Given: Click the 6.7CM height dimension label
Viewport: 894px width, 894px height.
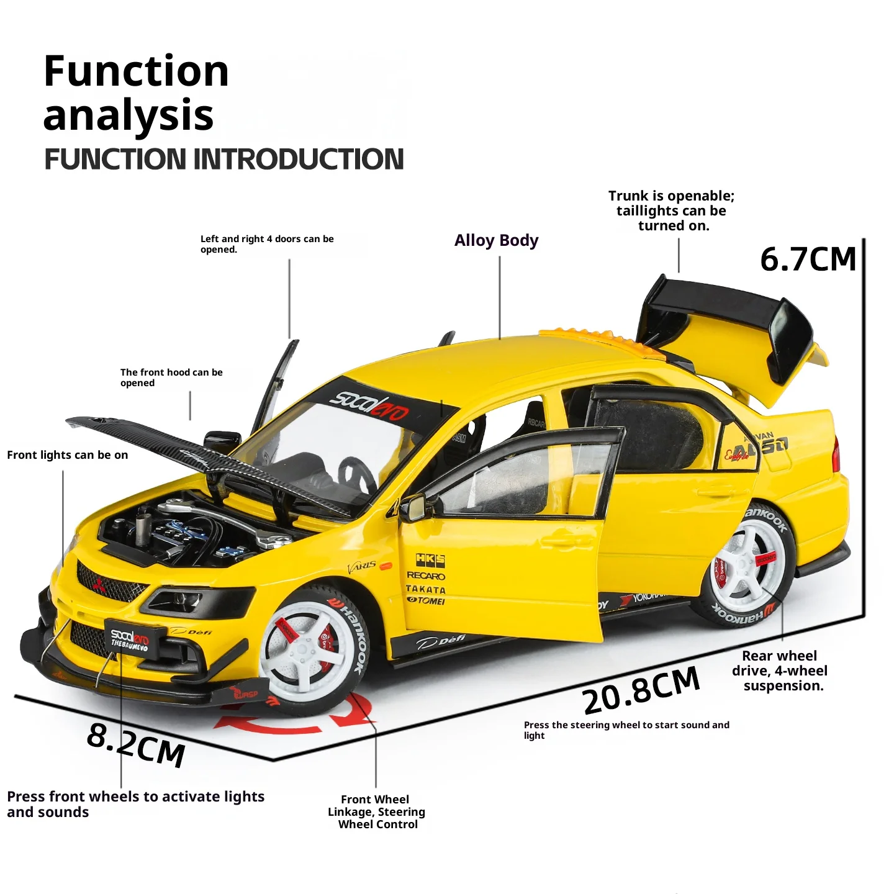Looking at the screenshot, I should click(808, 260).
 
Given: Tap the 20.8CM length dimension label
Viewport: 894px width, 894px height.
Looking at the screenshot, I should click(641, 690).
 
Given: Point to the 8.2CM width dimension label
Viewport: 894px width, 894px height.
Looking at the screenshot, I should click(136, 744).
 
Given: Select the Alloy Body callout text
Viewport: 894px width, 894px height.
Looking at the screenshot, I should click(496, 240).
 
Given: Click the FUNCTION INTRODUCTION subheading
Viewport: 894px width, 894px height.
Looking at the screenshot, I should click(223, 159).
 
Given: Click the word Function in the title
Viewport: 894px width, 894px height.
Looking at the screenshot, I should click(136, 71).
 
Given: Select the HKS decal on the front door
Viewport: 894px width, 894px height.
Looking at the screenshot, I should click(430, 560).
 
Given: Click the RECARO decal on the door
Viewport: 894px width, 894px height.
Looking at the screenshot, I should click(426, 576).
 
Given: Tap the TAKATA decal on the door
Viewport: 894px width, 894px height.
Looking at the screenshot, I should click(425, 589).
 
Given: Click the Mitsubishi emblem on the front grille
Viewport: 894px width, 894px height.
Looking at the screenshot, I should click(98, 584).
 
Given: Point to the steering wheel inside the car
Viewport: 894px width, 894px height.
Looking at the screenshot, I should click(356, 475).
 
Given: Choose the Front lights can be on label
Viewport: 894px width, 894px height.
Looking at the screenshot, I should click(68, 455).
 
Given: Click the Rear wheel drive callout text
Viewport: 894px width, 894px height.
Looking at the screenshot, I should click(780, 670).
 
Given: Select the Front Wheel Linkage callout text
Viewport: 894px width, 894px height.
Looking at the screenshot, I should click(376, 811).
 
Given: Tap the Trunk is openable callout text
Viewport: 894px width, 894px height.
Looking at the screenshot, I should click(671, 210).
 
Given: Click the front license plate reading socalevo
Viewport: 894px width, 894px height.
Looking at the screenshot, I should click(130, 639).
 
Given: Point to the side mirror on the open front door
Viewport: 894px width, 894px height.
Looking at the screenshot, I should click(415, 507).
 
